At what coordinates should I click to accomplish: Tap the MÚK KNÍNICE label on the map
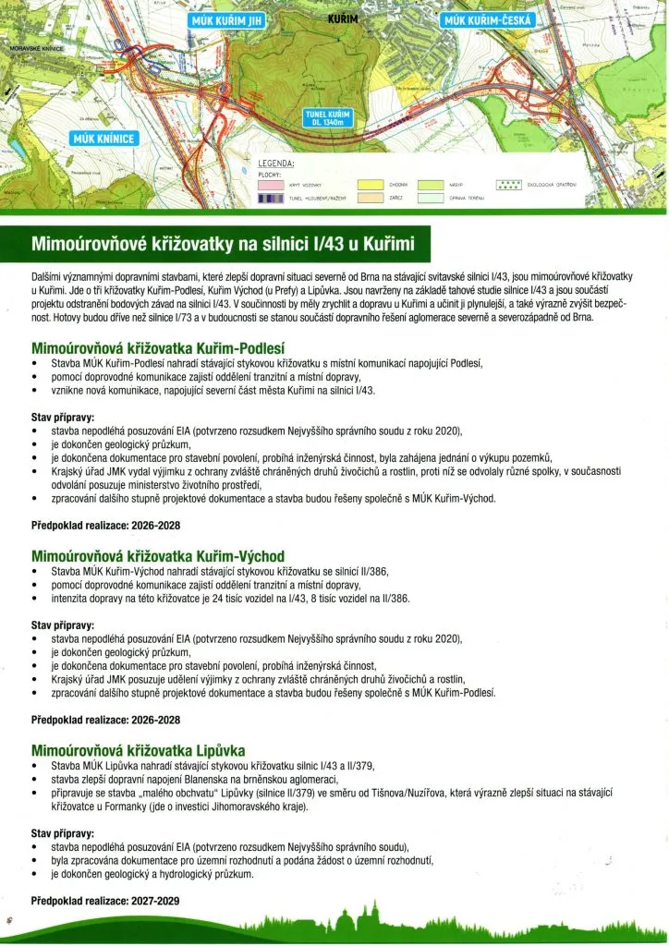click(x=103, y=139)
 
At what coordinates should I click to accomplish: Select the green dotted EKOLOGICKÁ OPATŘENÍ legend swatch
click(x=510, y=185)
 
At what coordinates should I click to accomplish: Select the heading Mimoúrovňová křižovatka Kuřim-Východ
click(x=158, y=556)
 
